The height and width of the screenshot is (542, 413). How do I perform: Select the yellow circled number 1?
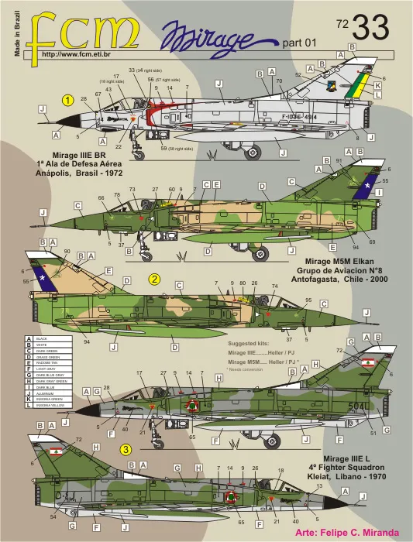(x=68, y=100)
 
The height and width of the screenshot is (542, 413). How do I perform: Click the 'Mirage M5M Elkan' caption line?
(x=337, y=261)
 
